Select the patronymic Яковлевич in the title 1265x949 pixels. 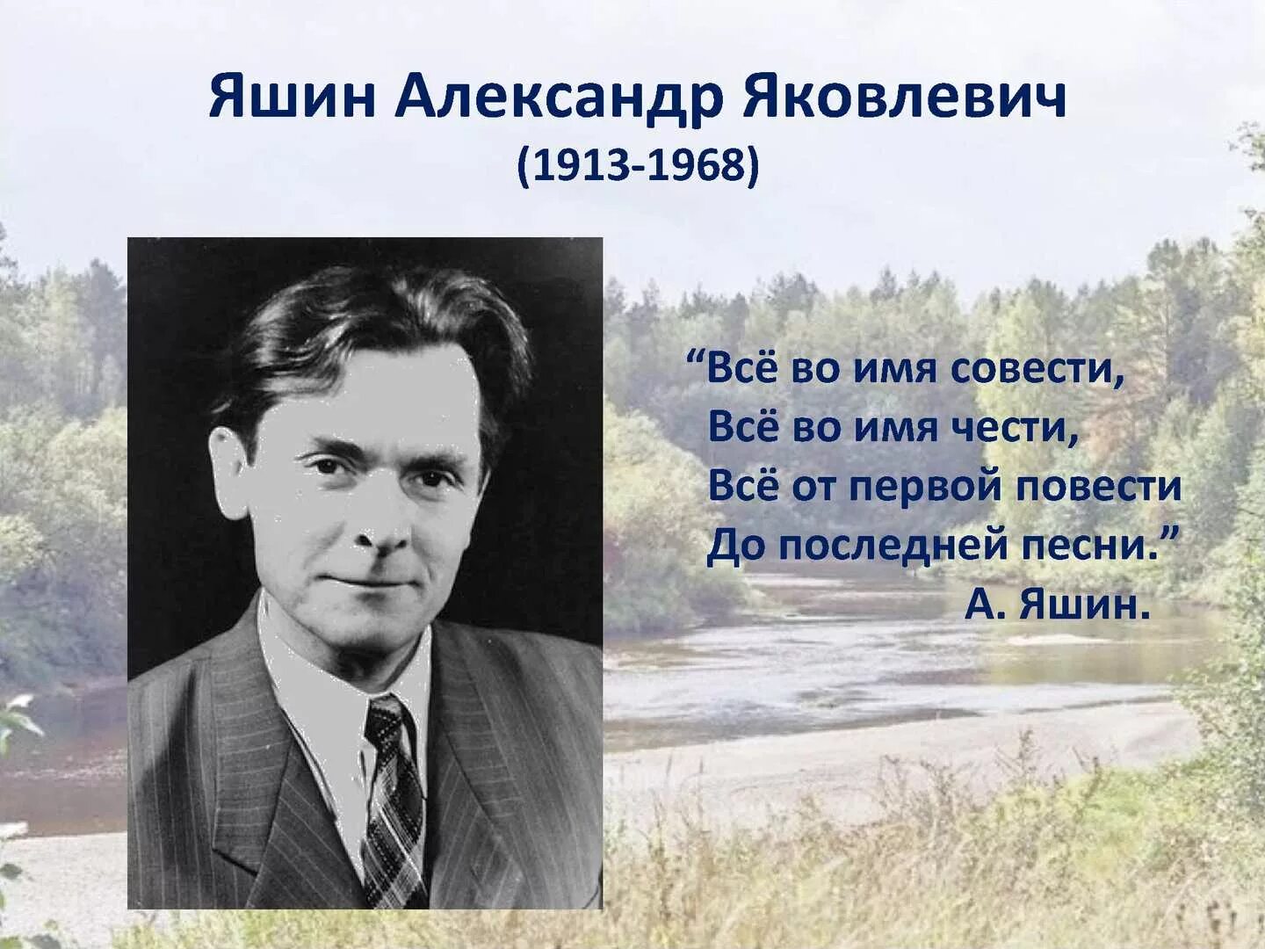[x=905, y=98]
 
